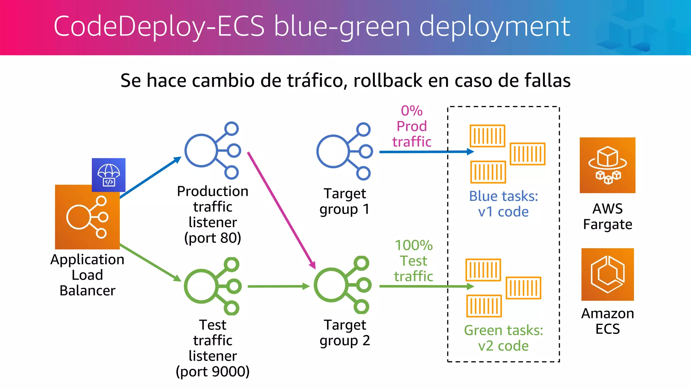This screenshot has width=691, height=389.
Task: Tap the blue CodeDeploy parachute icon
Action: point(108,175)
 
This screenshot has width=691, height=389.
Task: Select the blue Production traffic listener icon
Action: point(213,151)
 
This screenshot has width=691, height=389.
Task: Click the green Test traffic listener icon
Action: point(213,286)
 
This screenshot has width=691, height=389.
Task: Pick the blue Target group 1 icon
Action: point(344,151)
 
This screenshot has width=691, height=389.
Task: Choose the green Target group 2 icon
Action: point(343,285)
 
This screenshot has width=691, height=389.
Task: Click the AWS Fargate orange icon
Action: point(607,165)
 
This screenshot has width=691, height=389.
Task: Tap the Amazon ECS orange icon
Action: point(607,274)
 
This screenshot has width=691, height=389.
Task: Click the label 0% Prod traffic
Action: point(412,126)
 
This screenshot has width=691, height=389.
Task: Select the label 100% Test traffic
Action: point(414,261)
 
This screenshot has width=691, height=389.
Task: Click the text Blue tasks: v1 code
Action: point(503,204)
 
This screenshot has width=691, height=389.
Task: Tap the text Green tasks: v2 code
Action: point(503,338)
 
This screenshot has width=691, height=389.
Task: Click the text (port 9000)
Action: point(213,371)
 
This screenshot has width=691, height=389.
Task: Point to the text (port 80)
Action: point(213,238)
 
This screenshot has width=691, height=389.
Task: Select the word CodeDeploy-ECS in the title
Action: point(159,26)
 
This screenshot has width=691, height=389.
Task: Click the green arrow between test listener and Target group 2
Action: point(278,286)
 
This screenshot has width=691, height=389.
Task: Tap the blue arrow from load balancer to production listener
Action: point(150,178)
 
